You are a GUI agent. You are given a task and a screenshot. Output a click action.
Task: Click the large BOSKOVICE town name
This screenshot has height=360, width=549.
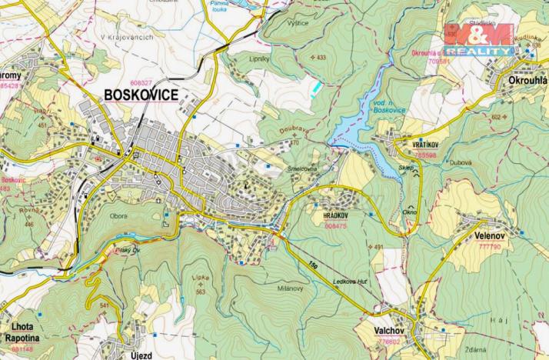click(x=141, y=95)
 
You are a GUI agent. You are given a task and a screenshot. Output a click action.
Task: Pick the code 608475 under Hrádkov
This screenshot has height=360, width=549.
click(x=336, y=227)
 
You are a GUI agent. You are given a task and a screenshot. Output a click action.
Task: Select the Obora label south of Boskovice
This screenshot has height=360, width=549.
click(x=118, y=216)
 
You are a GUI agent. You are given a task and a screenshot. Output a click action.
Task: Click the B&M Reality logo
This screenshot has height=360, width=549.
click(x=478, y=38)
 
